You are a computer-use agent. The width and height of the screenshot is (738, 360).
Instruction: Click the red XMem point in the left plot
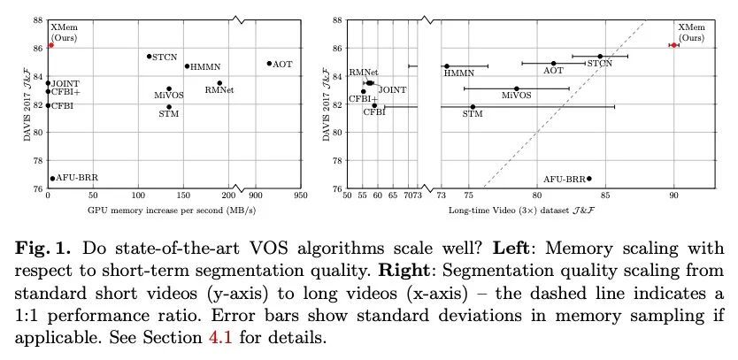pos(51,44)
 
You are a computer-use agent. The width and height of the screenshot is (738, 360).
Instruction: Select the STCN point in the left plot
pos(149,57)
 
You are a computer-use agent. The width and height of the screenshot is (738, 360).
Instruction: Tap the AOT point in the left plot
pos(269,64)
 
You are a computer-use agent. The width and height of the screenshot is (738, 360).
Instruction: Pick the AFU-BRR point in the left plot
pos(52,178)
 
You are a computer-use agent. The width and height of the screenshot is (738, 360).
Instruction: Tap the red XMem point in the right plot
pos(673,45)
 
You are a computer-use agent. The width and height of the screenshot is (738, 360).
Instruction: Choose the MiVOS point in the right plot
pos(517,88)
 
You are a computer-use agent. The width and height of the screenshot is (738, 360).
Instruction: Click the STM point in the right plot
pos(473,107)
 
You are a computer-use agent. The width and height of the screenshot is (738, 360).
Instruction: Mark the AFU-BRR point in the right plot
pos(589,178)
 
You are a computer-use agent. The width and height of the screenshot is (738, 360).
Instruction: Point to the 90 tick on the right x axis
pos(673,197)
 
